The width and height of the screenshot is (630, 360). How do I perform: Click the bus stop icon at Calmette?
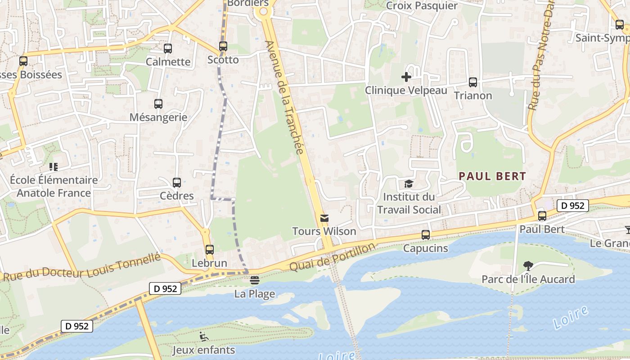[x=168, y=49]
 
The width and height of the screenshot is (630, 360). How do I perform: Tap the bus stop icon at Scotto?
[x=223, y=46]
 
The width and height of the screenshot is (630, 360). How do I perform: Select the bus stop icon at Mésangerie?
[x=158, y=104]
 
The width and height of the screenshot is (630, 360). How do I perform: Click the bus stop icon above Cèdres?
[x=177, y=183]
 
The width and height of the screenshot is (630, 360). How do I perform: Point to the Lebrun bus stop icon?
[x=210, y=250]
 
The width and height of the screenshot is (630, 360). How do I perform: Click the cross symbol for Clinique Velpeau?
[x=406, y=77]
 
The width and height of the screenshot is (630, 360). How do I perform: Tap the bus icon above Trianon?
[x=473, y=82]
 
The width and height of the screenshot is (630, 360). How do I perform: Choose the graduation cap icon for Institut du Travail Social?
[x=409, y=184]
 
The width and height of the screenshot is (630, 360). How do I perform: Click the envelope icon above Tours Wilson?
[x=324, y=218]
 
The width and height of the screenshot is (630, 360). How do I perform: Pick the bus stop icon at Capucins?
[x=426, y=235]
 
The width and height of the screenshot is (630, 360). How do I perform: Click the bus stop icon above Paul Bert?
[x=542, y=216]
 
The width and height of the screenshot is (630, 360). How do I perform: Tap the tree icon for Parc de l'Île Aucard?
[x=528, y=266]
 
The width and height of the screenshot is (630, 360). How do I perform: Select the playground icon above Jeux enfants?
[x=203, y=336]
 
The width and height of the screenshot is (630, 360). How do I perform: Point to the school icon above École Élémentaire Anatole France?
[x=54, y=167]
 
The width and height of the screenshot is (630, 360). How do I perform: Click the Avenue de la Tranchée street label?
[x=284, y=97]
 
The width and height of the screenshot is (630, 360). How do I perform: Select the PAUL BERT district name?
[x=492, y=176]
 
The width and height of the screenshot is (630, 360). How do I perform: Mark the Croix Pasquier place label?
[x=422, y=6]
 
